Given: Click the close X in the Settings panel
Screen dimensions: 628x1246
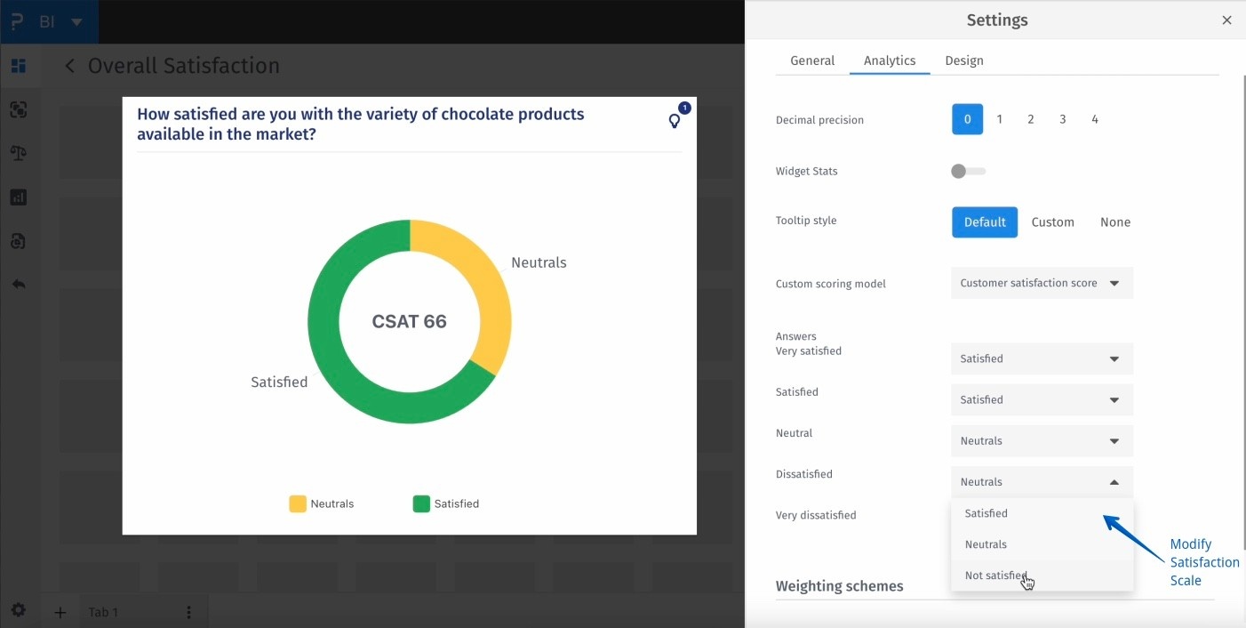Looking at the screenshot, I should click(x=1226, y=20).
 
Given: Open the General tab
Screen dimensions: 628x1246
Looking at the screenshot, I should click(x=812, y=60).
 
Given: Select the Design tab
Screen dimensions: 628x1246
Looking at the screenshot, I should click(x=964, y=60).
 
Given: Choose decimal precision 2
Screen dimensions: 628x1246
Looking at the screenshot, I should click(x=1031, y=119).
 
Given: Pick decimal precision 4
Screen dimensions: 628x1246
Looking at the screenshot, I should click(x=1095, y=119).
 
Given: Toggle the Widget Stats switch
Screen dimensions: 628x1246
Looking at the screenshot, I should click(x=968, y=172).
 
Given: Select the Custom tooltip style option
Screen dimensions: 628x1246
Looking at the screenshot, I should click(x=1053, y=222).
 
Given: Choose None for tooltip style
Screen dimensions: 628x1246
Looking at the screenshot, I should click(x=1115, y=222).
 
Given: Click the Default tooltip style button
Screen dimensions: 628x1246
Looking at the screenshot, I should click(x=985, y=222).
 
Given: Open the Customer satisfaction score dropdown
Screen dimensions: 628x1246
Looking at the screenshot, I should click(x=1042, y=283).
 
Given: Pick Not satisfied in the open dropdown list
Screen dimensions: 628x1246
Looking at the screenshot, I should click(x=996, y=576).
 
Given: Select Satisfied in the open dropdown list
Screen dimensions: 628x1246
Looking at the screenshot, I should click(x=986, y=513).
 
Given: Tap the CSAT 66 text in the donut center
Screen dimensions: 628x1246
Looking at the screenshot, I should click(x=410, y=322).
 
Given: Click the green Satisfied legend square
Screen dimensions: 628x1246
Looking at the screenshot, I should click(x=421, y=504).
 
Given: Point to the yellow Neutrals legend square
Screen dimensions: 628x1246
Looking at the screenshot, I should click(x=298, y=504).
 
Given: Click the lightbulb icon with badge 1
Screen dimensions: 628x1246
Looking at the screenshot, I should click(x=675, y=121).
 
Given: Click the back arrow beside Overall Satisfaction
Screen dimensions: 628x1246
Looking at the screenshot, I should click(x=70, y=66).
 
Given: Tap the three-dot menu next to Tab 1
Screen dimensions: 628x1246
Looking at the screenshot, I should click(x=188, y=612).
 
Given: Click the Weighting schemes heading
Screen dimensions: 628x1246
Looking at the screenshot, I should click(x=839, y=586).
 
